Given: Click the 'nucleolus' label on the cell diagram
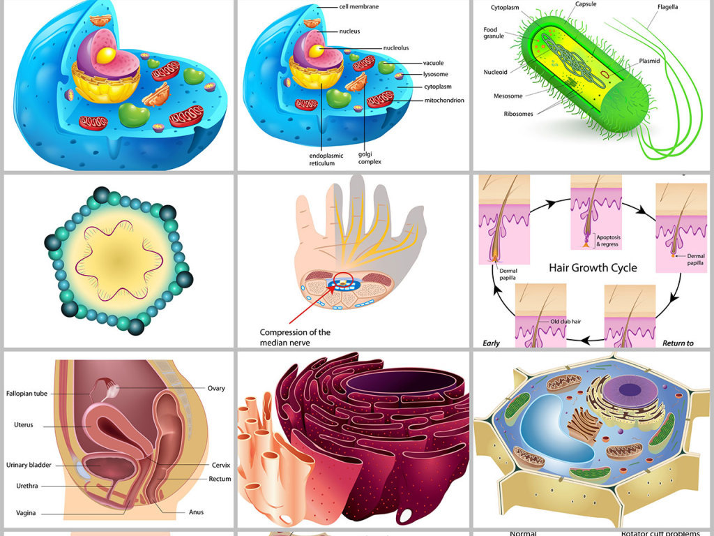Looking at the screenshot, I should click(x=395, y=47).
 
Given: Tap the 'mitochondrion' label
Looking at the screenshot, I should click(x=444, y=100).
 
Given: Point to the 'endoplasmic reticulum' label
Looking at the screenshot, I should click(x=322, y=159).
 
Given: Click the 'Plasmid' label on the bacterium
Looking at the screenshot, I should click(x=649, y=61).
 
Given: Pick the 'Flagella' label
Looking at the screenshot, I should click(x=667, y=7).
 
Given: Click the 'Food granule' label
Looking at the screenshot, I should click(x=494, y=33).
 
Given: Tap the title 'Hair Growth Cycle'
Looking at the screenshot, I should click(x=593, y=267).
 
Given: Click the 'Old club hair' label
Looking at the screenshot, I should click(x=565, y=322).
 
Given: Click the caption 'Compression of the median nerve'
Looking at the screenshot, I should click(x=295, y=337).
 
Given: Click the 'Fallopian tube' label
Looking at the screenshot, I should click(x=26, y=394).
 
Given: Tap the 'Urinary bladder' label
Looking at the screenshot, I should click(x=29, y=465).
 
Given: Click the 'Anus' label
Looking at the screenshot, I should click(x=197, y=512).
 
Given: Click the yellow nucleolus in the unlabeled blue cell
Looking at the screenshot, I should click(x=107, y=55).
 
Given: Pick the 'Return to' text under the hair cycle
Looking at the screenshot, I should click(x=678, y=343).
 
